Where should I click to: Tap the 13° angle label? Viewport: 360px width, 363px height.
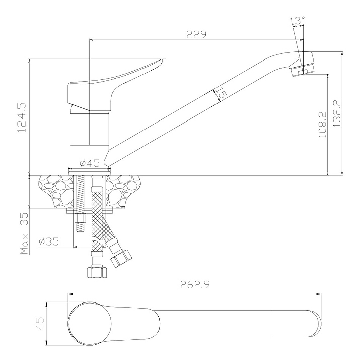[297, 21]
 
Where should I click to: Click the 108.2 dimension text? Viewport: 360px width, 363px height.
[323, 124]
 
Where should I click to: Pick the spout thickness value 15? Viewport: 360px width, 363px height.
[220, 93]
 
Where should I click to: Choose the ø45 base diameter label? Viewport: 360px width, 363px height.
[89, 163]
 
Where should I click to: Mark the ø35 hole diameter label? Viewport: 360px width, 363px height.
[49, 241]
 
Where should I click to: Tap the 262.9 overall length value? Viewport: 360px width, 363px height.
[194, 285]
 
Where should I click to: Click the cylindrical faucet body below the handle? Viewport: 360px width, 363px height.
[89, 136]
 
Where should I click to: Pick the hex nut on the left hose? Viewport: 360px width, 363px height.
[97, 272]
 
